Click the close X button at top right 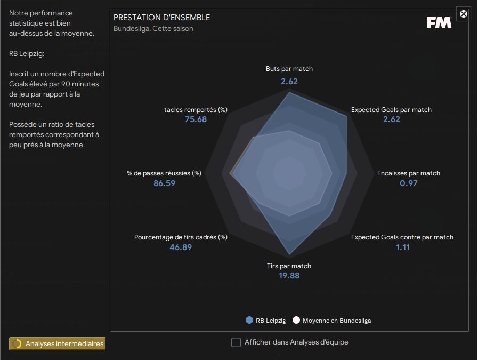(x=464, y=14)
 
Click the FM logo (x=439, y=22)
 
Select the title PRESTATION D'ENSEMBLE (x=161, y=18)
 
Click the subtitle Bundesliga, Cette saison (x=153, y=28)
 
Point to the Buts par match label (x=289, y=69)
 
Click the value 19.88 (x=289, y=276)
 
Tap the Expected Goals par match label (x=391, y=110)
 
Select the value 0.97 (x=409, y=183)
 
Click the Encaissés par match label (x=409, y=173)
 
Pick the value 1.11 (x=402, y=247)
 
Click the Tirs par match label (x=289, y=266)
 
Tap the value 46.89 (x=181, y=247)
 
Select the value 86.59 (x=164, y=183)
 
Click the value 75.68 (x=196, y=119)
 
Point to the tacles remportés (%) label (x=196, y=110)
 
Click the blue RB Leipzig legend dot (x=249, y=321)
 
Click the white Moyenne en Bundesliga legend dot (x=296, y=321)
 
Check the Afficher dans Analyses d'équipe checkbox (x=236, y=342)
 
